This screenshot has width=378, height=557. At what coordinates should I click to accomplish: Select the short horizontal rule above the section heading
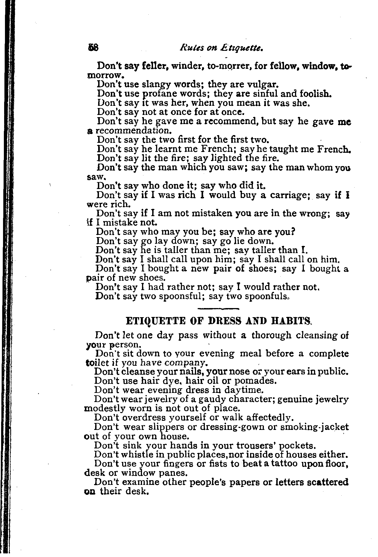[x=218, y=308]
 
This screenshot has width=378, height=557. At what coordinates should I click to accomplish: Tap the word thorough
[x=271, y=335]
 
